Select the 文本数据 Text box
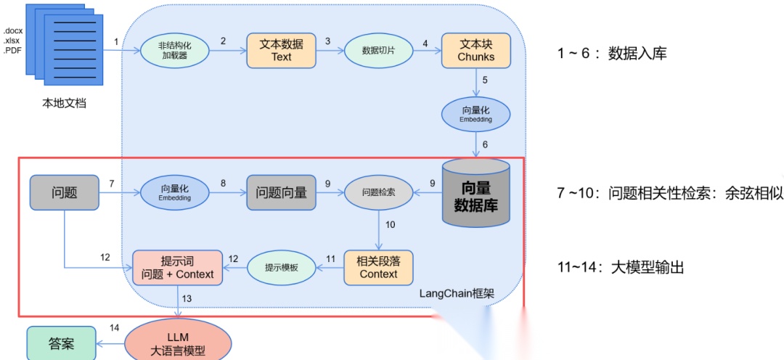[x=281, y=50]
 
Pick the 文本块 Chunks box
[x=475, y=50]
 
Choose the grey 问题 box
[x=64, y=192]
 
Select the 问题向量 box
[x=281, y=192]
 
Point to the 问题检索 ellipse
[x=378, y=192]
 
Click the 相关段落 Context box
[x=378, y=267]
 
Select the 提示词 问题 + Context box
[x=177, y=267]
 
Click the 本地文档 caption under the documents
[x=64, y=103]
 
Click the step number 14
[x=114, y=328]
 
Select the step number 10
[x=390, y=224]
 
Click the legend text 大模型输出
[x=648, y=268]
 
